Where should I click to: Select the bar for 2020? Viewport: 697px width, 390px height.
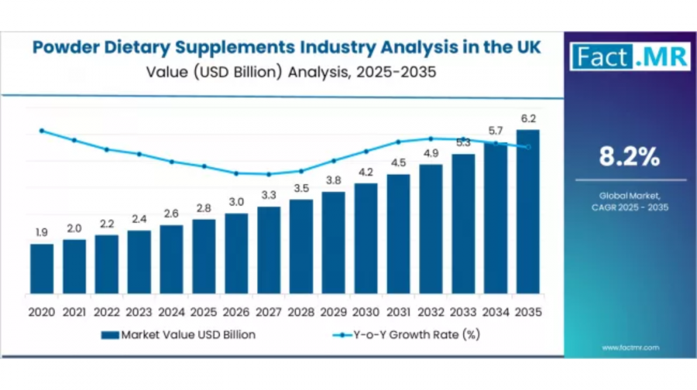tap(42, 269)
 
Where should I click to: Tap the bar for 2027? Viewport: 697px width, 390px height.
tap(269, 249)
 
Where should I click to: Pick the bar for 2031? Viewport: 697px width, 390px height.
tap(398, 234)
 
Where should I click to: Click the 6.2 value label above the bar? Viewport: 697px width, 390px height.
tap(528, 118)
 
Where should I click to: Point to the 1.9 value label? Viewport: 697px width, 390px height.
tap(42, 232)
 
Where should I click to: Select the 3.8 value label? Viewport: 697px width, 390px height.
tap(334, 180)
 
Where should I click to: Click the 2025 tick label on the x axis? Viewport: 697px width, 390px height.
tap(204, 312)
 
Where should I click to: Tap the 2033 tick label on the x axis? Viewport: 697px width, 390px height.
tap(463, 312)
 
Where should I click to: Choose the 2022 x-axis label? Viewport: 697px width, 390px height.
tap(107, 312)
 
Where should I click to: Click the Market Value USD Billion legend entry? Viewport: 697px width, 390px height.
tap(178, 334)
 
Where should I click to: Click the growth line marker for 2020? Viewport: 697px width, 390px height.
tap(42, 131)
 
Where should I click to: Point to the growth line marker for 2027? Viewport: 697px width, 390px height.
tap(269, 174)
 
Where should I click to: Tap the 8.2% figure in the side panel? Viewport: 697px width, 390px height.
tap(629, 157)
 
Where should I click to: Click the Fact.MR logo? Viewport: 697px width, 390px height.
tap(629, 56)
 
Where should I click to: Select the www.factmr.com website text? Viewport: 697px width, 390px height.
tap(630, 347)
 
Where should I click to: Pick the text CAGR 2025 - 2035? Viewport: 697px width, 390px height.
tap(629, 207)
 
